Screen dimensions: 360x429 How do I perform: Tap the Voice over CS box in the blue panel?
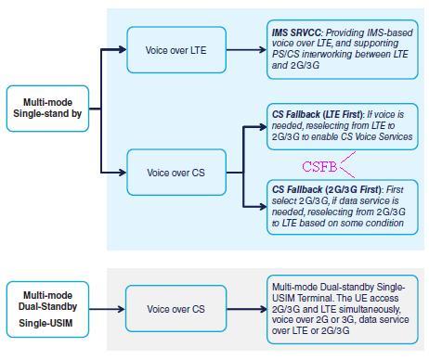click(175, 173)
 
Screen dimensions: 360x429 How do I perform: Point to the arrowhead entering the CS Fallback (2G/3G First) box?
click(262, 206)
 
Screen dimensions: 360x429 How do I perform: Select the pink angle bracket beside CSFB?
click(347, 165)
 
